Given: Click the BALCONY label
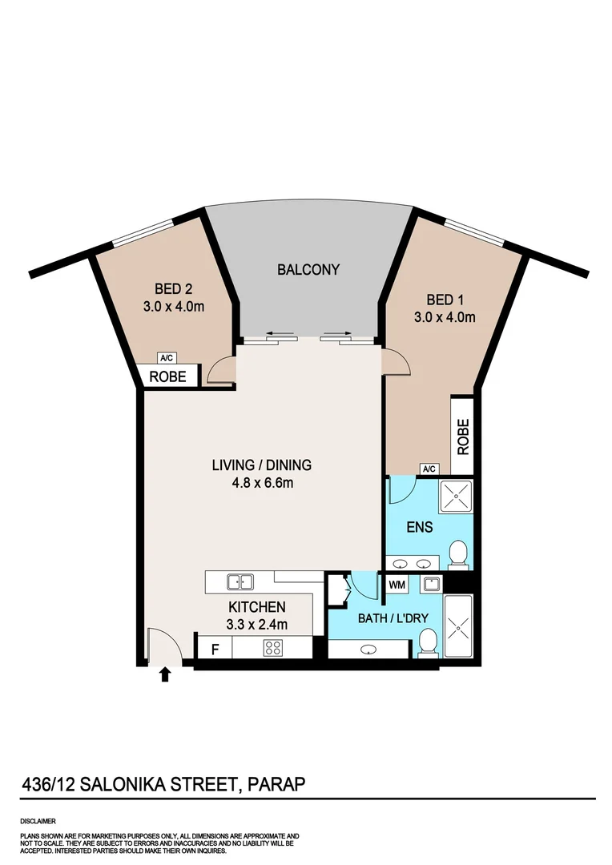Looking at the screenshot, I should (x=308, y=270).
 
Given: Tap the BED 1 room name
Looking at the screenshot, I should (x=445, y=300).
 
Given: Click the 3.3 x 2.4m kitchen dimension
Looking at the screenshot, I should (x=257, y=624).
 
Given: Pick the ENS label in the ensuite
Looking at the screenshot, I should (x=419, y=527).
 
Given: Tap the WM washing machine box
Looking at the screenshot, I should (x=397, y=585).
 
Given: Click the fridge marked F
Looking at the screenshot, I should (x=214, y=648).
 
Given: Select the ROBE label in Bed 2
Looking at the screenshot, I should (x=169, y=376).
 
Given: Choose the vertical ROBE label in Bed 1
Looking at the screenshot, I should (x=462, y=437).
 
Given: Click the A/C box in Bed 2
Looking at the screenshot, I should (x=167, y=358).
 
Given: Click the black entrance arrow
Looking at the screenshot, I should (x=165, y=674).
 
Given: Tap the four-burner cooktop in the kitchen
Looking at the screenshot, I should (x=272, y=648).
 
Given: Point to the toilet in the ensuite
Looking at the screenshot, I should (x=458, y=553).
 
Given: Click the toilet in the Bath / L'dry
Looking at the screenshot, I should (x=429, y=640).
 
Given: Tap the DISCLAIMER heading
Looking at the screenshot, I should (x=38, y=821).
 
